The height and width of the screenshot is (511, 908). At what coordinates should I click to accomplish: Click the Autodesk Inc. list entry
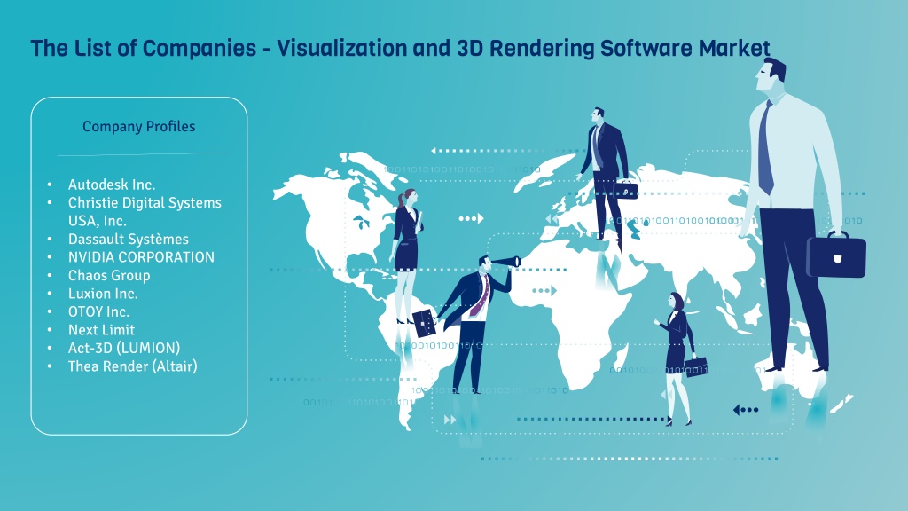click(x=111, y=185)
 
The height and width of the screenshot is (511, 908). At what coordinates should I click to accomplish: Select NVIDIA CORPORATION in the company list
click(x=141, y=257)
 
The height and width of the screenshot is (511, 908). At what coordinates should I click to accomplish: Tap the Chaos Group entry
click(x=109, y=276)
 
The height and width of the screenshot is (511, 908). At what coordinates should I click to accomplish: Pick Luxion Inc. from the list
click(x=103, y=294)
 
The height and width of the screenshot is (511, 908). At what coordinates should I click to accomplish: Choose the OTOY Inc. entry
click(x=98, y=311)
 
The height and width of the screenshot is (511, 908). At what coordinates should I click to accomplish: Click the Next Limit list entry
click(x=101, y=330)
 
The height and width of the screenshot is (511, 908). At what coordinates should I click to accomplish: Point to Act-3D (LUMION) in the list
click(x=124, y=348)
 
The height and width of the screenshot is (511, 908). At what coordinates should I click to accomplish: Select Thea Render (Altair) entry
click(x=133, y=366)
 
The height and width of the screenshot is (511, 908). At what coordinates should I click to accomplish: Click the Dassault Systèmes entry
click(x=128, y=240)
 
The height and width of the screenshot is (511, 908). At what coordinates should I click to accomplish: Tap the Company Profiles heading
click(x=139, y=126)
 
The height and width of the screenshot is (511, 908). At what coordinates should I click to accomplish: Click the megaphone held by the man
click(x=506, y=262)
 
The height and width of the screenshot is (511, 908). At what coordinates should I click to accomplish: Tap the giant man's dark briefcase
click(x=836, y=255)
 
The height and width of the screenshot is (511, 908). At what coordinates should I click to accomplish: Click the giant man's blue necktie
click(x=765, y=149)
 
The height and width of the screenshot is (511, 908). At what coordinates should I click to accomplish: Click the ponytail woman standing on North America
click(x=406, y=255)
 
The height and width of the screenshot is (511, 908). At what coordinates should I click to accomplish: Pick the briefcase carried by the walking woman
click(x=696, y=366)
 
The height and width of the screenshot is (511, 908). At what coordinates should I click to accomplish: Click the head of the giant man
click(x=770, y=75)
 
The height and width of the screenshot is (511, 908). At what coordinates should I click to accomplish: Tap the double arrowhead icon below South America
click(x=450, y=420)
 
